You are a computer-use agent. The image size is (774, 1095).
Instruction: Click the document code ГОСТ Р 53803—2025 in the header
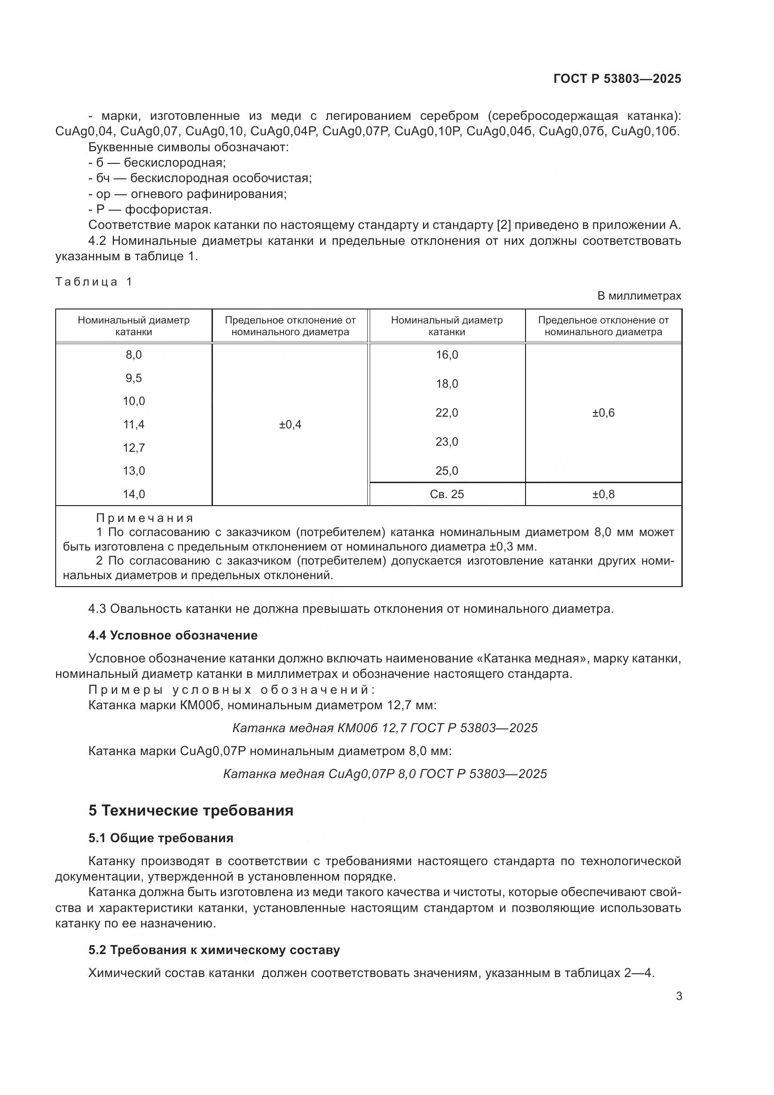[x=617, y=79]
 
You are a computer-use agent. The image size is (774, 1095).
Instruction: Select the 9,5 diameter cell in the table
[x=133, y=378]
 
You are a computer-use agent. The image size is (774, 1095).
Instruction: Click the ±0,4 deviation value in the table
[x=290, y=425]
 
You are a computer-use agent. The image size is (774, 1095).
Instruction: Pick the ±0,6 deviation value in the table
[x=603, y=413]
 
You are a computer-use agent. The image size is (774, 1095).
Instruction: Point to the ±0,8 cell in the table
[x=603, y=494]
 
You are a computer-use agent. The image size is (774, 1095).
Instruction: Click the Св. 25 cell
[x=446, y=494]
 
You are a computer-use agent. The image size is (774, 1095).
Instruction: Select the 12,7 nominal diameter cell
[x=133, y=448]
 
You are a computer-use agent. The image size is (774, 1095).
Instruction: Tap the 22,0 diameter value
[x=446, y=413]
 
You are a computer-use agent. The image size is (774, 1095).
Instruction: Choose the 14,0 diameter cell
[x=133, y=494]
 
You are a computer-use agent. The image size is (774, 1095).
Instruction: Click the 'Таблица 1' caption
[x=94, y=282]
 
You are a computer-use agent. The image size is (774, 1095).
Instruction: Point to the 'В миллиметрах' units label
[x=639, y=296]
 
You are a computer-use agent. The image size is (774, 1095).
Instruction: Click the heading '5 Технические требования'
[x=190, y=811]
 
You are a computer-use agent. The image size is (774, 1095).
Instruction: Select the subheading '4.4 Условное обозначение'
[x=173, y=635]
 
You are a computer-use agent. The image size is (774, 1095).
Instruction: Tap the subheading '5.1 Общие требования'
[x=161, y=838]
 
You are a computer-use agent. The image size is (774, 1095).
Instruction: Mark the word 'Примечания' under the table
[x=145, y=518]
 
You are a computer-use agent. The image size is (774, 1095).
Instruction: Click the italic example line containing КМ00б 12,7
[x=385, y=728]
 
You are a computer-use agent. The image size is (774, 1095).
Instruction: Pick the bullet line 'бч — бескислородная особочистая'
[x=200, y=178]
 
